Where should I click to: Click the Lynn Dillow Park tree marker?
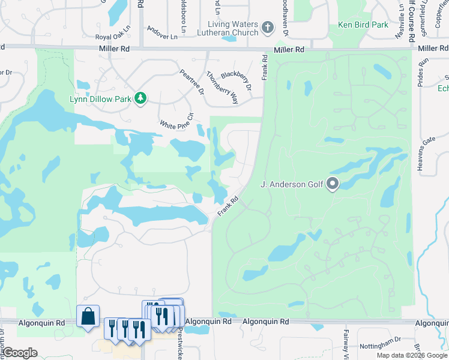140,97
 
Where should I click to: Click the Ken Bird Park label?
363,25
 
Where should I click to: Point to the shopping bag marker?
88,316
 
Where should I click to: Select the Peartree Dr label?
191,82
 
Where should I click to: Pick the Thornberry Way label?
222,88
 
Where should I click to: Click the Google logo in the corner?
19,353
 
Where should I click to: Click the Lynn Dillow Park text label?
104,97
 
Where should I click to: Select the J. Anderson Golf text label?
292,184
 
